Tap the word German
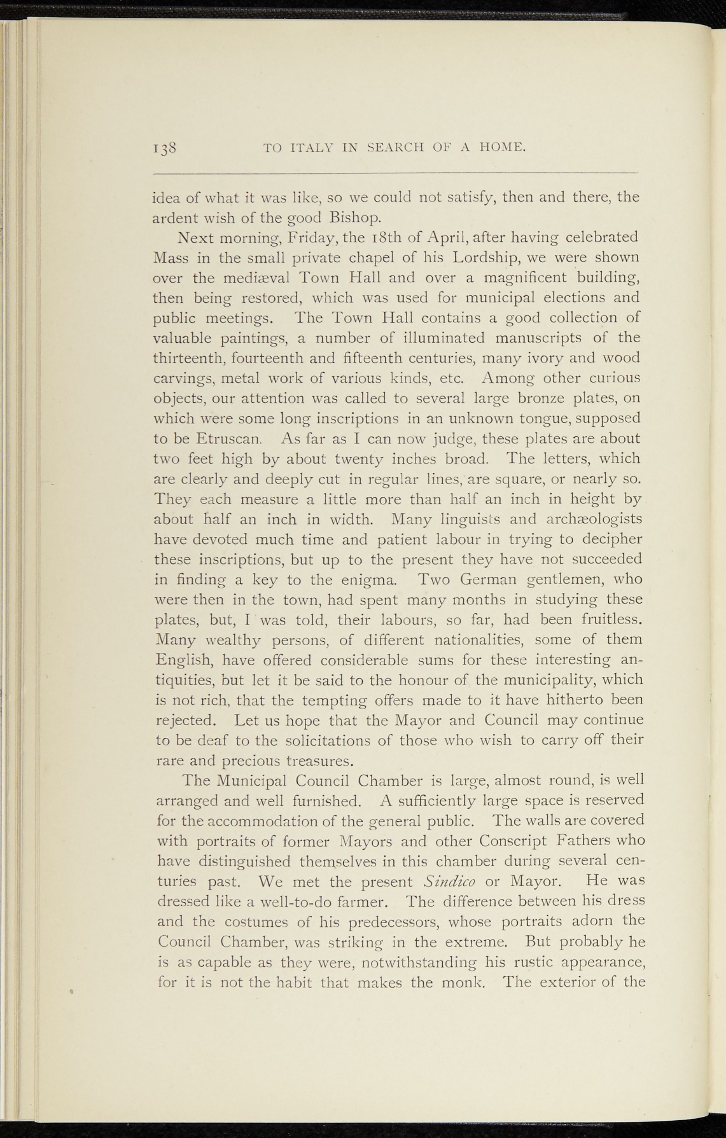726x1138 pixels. pyautogui.click(x=492, y=579)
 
